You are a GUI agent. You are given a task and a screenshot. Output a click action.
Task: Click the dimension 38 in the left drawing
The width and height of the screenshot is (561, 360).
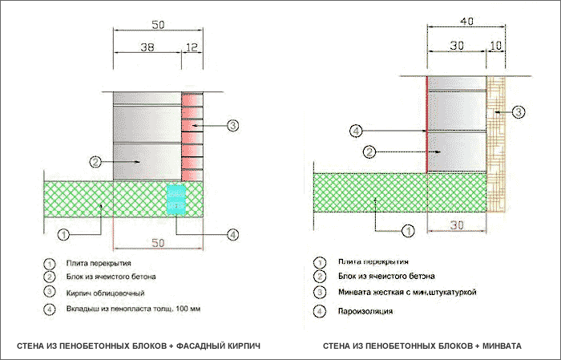coord(147,47)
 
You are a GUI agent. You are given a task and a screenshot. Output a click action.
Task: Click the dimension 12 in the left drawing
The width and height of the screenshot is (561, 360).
coord(192,47)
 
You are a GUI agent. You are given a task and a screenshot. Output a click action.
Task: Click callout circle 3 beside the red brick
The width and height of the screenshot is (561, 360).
coord(232,125)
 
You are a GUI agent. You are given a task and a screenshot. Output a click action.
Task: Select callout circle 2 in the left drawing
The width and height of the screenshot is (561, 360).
coord(95,161)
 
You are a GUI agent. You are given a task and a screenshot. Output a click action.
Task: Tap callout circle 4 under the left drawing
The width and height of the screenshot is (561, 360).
coord(232,235)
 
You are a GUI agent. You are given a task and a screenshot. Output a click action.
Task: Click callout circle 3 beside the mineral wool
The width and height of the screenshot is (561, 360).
coord(519,111)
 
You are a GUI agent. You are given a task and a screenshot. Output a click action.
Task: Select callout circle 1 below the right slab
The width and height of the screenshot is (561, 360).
coord(407,231)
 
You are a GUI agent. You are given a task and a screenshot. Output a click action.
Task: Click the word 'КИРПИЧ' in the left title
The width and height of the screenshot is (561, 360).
coord(244,346)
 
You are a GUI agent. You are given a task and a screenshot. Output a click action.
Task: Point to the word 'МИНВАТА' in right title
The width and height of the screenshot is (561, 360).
coord(502,346)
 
